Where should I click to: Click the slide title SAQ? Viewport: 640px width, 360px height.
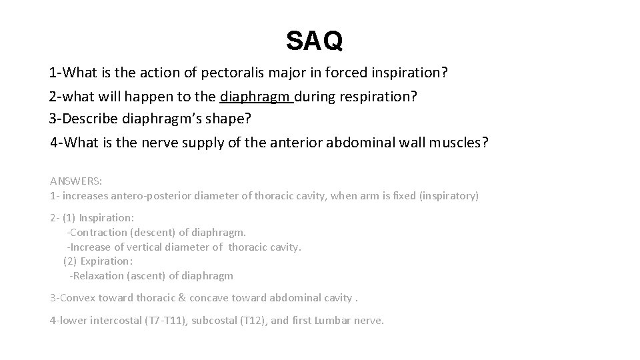click(315, 41)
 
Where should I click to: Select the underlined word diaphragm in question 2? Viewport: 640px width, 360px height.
click(256, 96)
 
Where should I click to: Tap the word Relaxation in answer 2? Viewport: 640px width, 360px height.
click(99, 275)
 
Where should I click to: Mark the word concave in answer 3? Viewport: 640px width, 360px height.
click(219, 297)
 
